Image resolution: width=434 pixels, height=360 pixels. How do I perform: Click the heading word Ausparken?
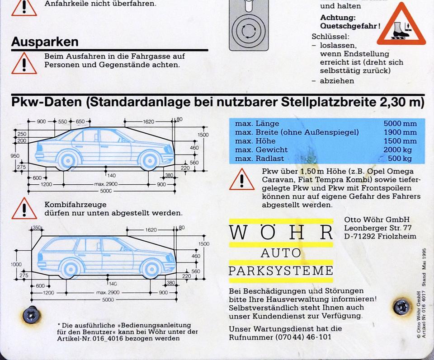[x=45, y=42]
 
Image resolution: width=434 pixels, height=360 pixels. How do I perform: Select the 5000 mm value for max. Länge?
[x=400, y=123]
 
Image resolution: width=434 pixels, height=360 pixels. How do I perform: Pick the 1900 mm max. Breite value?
[x=400, y=132]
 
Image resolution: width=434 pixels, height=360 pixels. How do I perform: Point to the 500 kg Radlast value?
[x=400, y=159]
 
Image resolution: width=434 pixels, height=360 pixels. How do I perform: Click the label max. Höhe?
[x=255, y=141]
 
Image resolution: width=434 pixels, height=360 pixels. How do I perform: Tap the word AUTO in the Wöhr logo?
[x=281, y=253]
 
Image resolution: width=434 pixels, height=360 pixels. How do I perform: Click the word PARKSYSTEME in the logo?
[x=281, y=271]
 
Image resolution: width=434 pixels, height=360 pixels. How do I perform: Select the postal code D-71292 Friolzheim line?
[x=380, y=236]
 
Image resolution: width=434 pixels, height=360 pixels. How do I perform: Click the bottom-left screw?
[x=32, y=315]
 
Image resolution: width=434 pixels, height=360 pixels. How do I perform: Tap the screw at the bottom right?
[x=402, y=307]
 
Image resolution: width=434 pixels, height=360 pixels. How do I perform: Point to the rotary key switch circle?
[x=249, y=30]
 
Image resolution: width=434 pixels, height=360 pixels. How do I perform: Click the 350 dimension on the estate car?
[x=36, y=228]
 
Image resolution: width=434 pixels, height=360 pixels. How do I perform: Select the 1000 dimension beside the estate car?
[x=16, y=264]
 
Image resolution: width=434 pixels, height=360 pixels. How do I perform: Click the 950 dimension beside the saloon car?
[x=15, y=156]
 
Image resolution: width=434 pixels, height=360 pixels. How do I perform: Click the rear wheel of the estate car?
[x=70, y=268]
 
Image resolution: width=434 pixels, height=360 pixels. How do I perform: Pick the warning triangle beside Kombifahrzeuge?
[x=24, y=208]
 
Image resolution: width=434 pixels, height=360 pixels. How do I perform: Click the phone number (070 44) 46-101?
[x=303, y=337]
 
